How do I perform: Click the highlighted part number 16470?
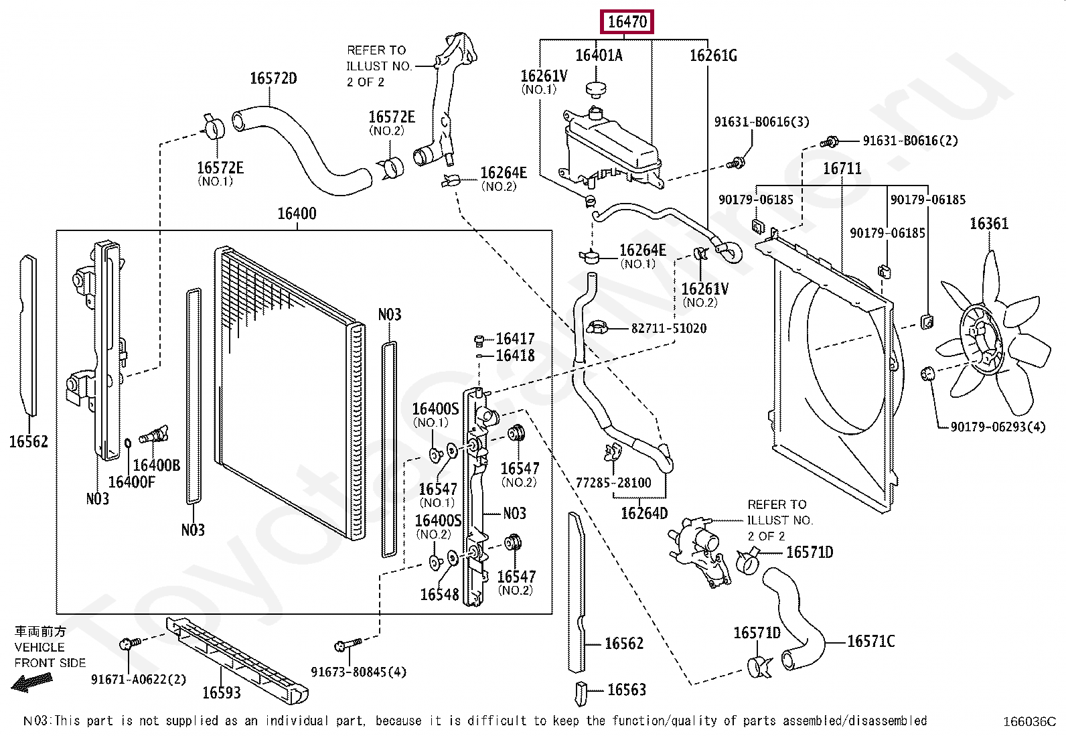pyautogui.click(x=627, y=22)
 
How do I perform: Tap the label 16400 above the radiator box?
pyautogui.click(x=297, y=214)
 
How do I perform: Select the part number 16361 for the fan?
pyautogui.click(x=989, y=224)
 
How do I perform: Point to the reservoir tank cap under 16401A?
pyautogui.click(x=595, y=88)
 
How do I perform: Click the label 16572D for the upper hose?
pyautogui.click(x=273, y=78)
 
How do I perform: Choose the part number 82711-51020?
pyautogui.click(x=668, y=328)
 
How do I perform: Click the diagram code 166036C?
pyautogui.click(x=1029, y=721)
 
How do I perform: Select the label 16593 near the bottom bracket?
pyautogui.click(x=221, y=692)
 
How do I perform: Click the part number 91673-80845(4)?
pyautogui.click(x=358, y=672)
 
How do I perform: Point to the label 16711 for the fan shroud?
pyautogui.click(x=842, y=168)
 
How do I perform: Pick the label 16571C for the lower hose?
pyautogui.click(x=870, y=642)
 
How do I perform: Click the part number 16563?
pyautogui.click(x=626, y=690)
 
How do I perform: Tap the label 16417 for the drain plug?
pyautogui.click(x=515, y=339)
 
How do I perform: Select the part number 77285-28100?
pyautogui.click(x=613, y=482)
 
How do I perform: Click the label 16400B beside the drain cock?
pyautogui.click(x=156, y=465)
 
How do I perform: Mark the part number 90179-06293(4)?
pyautogui.click(x=998, y=427)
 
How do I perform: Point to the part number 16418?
pyautogui.click(x=515, y=356)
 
